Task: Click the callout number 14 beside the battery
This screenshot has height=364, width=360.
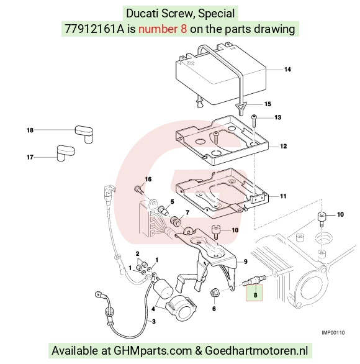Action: tap(287, 70)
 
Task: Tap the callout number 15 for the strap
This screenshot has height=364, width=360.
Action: tap(268, 104)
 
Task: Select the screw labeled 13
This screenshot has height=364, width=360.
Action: tap(254, 121)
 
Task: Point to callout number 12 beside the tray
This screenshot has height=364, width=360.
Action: tap(283, 146)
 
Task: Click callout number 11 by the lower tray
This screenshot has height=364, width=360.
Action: tap(283, 196)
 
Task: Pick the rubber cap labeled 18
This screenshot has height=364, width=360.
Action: tap(84, 134)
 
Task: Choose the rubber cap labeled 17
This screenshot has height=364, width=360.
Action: tap(66, 153)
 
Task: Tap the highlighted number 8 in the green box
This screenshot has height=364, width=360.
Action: tap(255, 295)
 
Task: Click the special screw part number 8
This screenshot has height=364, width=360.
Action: tap(254, 280)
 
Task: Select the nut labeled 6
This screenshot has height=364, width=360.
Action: tap(214, 293)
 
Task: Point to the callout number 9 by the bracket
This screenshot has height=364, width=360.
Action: tap(246, 262)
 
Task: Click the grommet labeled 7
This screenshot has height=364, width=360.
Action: tap(176, 221)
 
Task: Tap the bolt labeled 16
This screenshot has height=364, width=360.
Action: tap(138, 189)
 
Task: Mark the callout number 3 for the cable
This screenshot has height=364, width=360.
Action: tap(154, 322)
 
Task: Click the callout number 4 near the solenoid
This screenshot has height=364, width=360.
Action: tap(153, 309)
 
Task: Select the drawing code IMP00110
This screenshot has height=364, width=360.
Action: tap(333, 333)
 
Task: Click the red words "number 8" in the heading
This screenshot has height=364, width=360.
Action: tap(163, 29)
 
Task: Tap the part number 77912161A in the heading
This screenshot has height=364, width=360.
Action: tap(94, 29)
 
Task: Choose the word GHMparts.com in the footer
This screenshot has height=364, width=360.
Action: tap(153, 350)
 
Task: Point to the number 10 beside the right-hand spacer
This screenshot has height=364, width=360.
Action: tap(340, 214)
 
